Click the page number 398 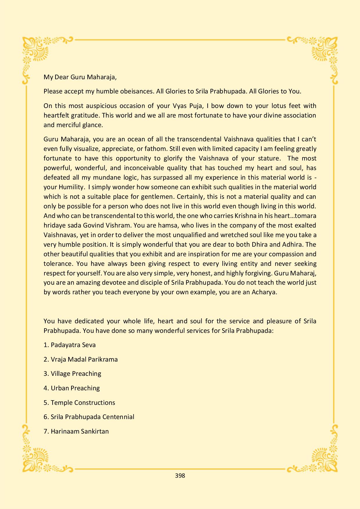coord(180,475)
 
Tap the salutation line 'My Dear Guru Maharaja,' coord(80,77)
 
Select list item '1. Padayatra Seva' coord(70,345)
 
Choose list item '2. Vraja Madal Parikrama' coord(81,359)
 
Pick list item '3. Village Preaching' coord(73,373)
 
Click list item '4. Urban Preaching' coord(72,388)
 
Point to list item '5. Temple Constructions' coord(79,402)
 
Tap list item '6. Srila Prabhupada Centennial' coord(89,417)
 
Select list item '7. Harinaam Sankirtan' coord(76,431)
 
